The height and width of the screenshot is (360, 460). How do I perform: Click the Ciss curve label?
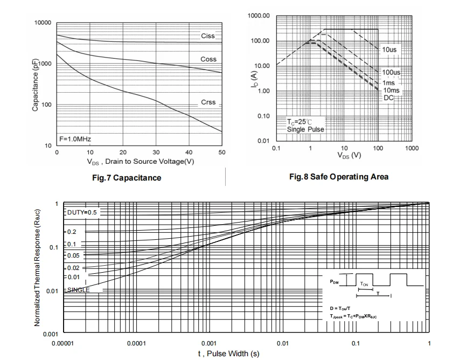[x=208, y=36]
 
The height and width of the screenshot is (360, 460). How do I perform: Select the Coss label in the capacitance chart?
[x=208, y=59]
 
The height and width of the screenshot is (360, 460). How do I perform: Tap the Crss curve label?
[x=208, y=102]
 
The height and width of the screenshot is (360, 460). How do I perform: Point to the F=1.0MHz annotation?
[x=75, y=139]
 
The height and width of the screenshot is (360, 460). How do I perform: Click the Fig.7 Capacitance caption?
[x=126, y=178]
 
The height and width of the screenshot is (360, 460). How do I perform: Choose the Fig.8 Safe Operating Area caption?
[x=338, y=177]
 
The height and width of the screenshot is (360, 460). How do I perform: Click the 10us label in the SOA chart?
[x=389, y=50]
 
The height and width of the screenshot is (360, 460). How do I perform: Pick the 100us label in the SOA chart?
[x=392, y=72]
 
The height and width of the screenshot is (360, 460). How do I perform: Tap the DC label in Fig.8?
[x=388, y=98]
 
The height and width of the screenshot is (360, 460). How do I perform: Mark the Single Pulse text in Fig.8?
[x=305, y=129]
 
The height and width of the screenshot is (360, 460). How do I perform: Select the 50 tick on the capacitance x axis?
[x=222, y=153]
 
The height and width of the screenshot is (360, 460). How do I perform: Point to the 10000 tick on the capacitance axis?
[x=43, y=23]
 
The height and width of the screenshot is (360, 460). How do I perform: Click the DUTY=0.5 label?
[x=82, y=212]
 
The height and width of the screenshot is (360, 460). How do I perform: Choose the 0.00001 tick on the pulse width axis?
[x=64, y=343]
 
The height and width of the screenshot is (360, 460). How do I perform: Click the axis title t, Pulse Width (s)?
[x=228, y=354]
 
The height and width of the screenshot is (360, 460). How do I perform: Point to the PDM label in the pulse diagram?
[x=334, y=282]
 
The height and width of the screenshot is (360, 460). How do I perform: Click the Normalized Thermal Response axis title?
[x=37, y=267]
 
